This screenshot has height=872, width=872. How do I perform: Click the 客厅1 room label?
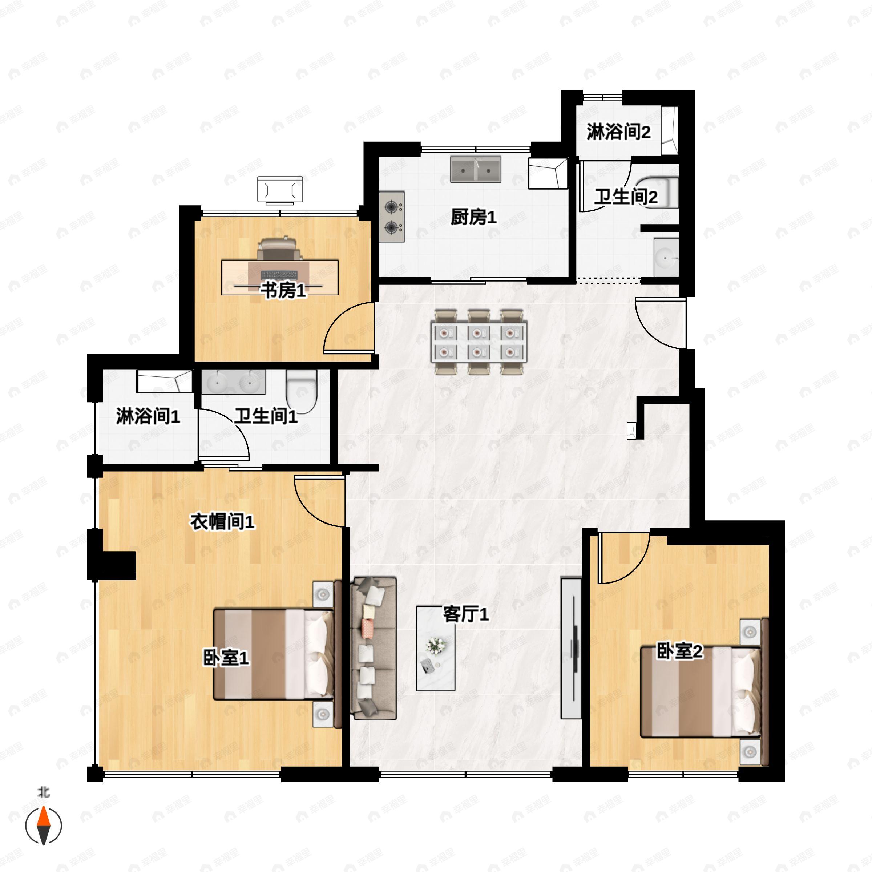coord(465,614)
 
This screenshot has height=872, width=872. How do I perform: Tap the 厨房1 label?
coord(473,218)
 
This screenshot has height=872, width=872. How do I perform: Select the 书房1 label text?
coord(283,291)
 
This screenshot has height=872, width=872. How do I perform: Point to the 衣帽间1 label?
coord(222,522)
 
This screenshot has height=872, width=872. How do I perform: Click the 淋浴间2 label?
coord(618,132)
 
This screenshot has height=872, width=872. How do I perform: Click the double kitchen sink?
coord(475,170)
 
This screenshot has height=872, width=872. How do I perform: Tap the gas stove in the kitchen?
coord(392,217)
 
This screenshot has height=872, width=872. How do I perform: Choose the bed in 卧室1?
coord(273,654)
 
